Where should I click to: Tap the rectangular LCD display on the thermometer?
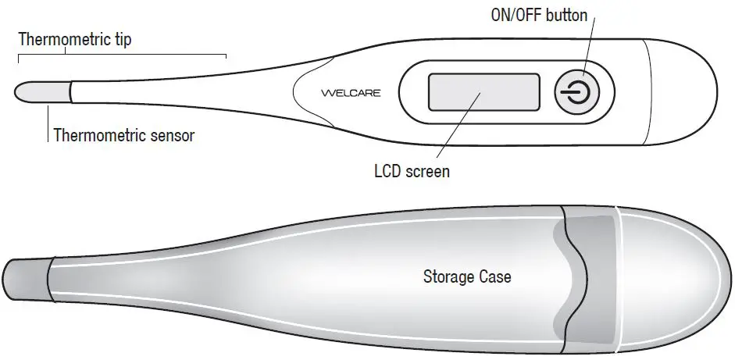point(483,92)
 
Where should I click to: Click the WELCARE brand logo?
point(351,93)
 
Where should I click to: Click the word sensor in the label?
point(167,135)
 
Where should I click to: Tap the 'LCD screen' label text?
point(412,171)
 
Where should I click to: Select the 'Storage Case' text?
point(467,276)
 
